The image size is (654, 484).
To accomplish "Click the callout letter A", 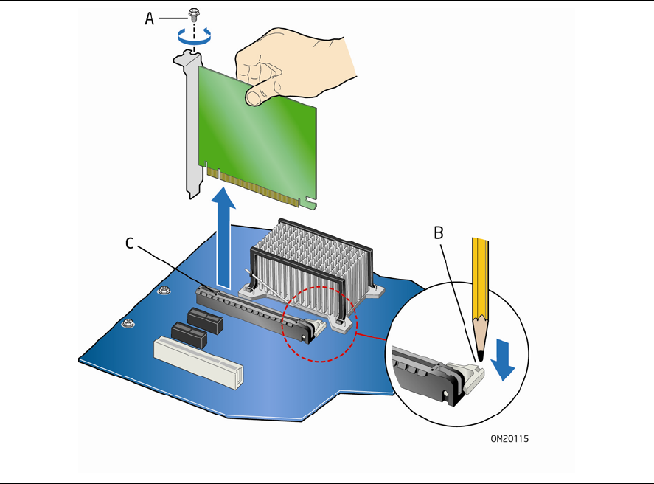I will (149, 18).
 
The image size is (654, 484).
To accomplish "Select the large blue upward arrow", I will (224, 236).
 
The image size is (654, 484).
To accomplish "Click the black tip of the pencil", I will (480, 355).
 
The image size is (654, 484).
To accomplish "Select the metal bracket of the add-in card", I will (190, 125).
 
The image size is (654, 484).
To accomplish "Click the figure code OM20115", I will (509, 438).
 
